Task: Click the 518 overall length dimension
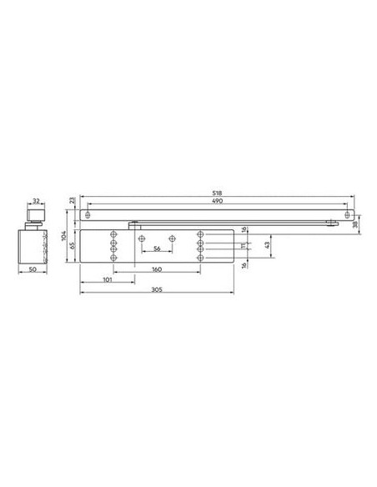[x=217, y=194]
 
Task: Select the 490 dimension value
[x=217, y=202]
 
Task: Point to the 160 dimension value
[x=157, y=270]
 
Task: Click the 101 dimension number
[x=107, y=279]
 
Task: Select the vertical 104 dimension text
[x=65, y=237]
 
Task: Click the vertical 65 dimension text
[x=73, y=245]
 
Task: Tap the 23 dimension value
[x=73, y=201]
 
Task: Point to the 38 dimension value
[x=356, y=223]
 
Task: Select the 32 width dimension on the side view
[x=38, y=202]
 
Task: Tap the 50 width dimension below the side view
[x=33, y=270]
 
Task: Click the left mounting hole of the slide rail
[x=88, y=216]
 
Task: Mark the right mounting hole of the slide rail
[x=339, y=216]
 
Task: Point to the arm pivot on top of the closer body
[x=133, y=223]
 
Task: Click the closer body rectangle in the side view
[x=33, y=245]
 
